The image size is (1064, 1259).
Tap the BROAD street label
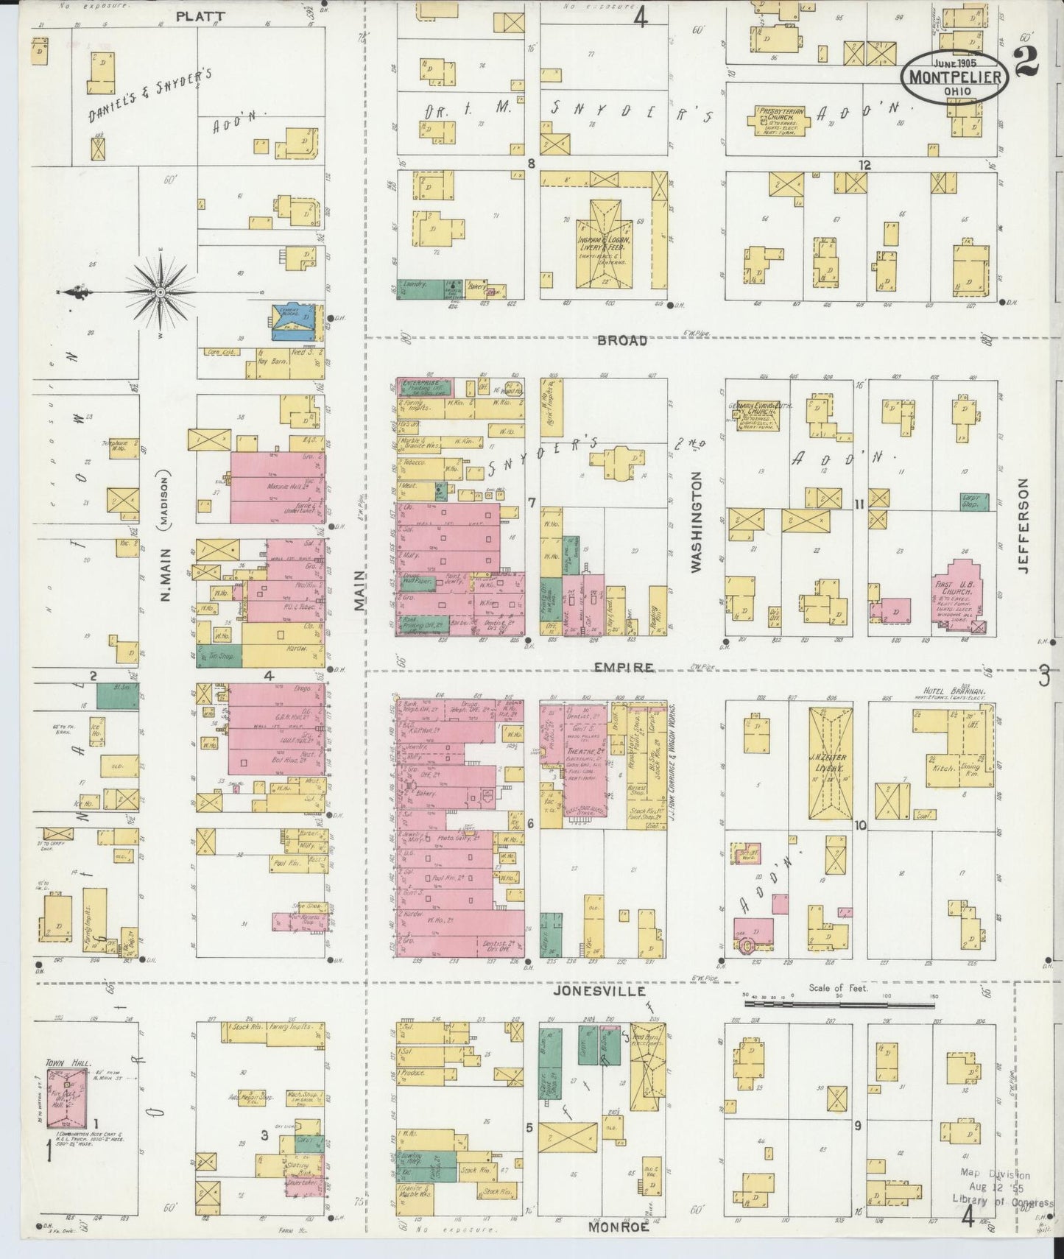[x=622, y=341]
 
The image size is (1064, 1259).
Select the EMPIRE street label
[x=625, y=668]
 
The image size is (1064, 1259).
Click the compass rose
[x=160, y=292]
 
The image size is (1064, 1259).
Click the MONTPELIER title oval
[x=955, y=76]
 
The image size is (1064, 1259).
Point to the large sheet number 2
[x=1026, y=60]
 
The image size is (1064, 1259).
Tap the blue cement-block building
[x=293, y=322]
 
